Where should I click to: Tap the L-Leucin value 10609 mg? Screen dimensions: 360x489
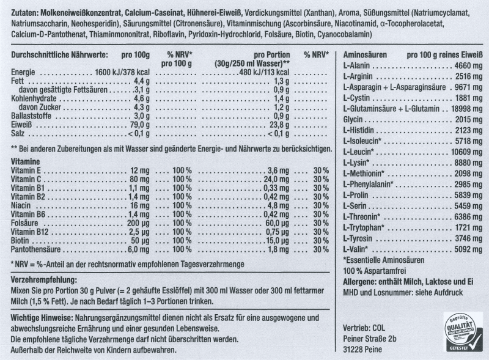tap(467, 151)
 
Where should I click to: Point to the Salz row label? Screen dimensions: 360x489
tap(20, 133)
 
